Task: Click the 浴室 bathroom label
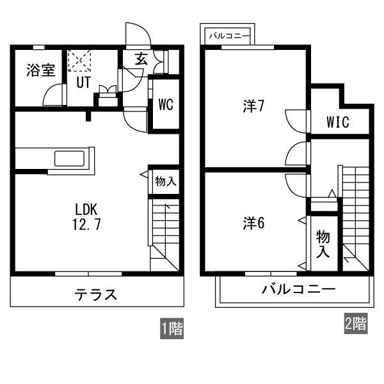[41, 70]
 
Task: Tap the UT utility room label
[83, 83]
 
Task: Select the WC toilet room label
[166, 104]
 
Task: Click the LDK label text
[86, 210]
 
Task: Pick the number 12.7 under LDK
[86, 224]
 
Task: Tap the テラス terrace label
[96, 294]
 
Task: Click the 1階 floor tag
[172, 328]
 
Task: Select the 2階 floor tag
[356, 323]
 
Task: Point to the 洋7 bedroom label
[253, 106]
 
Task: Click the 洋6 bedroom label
[253, 223]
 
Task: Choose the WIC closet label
[338, 122]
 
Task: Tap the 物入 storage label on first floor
[166, 182]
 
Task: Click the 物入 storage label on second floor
[323, 244]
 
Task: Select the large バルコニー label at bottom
[298, 290]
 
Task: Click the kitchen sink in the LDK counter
[70, 159]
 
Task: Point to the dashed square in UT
[79, 61]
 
